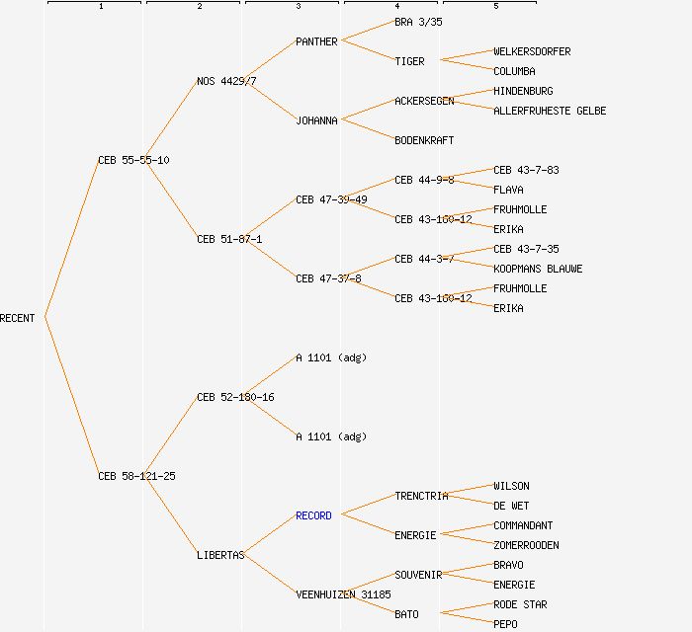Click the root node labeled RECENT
(18, 318)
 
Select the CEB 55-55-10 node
(133, 160)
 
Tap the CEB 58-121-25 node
(136, 476)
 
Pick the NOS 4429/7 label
(226, 81)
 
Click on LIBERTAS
(220, 555)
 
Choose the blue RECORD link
(313, 515)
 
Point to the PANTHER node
(316, 41)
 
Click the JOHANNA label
(316, 120)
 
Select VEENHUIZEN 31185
(343, 594)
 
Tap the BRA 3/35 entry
(418, 22)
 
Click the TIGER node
(409, 61)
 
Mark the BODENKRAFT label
(424, 140)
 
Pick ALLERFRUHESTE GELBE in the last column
(550, 111)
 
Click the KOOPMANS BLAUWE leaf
(538, 269)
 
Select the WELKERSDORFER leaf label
(532, 51)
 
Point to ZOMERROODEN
(526, 545)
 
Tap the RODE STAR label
(520, 604)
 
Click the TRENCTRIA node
(421, 496)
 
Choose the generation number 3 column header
(298, 7)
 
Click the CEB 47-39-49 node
(331, 199)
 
